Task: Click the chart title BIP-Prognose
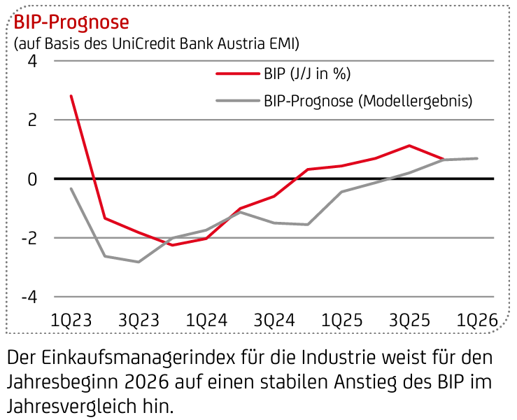click(x=68, y=22)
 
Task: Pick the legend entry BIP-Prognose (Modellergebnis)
click(x=368, y=101)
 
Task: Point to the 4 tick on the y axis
click(x=31, y=62)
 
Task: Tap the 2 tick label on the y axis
click(x=31, y=120)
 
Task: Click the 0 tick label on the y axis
click(x=31, y=179)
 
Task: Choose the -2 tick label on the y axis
click(x=27, y=238)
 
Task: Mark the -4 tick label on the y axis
click(x=27, y=297)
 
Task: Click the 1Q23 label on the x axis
click(x=71, y=320)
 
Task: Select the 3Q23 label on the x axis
click(x=139, y=320)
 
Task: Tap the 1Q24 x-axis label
click(x=206, y=320)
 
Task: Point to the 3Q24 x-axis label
click(x=274, y=320)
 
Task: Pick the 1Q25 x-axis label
click(x=341, y=320)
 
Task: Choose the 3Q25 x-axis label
click(x=409, y=320)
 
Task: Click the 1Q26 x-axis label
click(x=476, y=320)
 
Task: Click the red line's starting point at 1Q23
click(x=71, y=96)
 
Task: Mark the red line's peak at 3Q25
click(x=409, y=146)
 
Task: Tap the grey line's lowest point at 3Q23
click(x=139, y=262)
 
